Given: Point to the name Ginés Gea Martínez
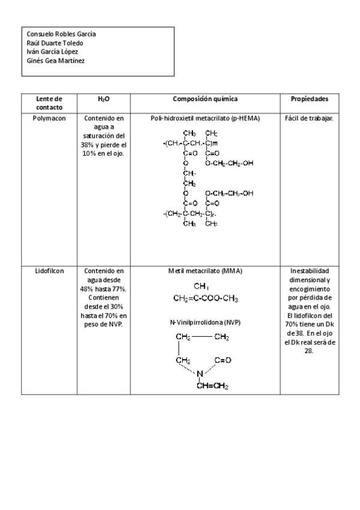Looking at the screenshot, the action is click(x=55, y=60).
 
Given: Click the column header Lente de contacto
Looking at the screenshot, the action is click(x=49, y=102).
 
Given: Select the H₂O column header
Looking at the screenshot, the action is click(x=103, y=99).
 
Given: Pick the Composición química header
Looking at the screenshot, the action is click(x=205, y=99).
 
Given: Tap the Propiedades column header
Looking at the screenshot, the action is click(x=309, y=99).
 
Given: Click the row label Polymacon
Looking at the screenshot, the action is click(x=49, y=118).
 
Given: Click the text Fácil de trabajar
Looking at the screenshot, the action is click(x=309, y=118).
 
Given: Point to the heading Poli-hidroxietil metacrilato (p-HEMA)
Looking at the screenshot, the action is click(x=205, y=118).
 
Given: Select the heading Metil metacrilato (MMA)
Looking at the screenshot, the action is click(x=205, y=271).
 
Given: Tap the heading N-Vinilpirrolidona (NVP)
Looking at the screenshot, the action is click(x=205, y=322).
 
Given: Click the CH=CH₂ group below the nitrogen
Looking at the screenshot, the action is click(x=212, y=386).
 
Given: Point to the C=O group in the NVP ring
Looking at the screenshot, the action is click(x=222, y=360).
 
